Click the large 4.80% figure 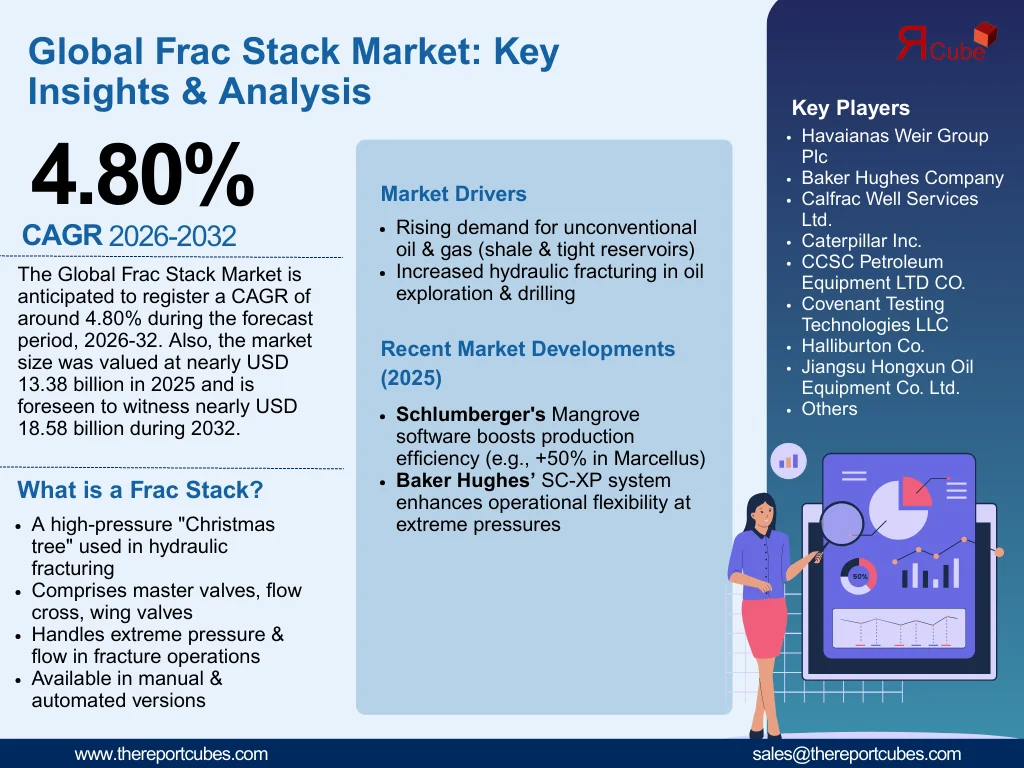pos(142,176)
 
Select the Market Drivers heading pos(453,194)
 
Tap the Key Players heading pos(850,108)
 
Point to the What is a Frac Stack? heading pos(140,490)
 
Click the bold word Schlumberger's pos(470,415)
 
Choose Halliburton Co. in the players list pos(862,346)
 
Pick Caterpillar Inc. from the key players pos(861,241)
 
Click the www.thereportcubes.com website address pos(171,754)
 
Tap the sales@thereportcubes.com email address pos(856,754)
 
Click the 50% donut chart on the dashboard pos(859,576)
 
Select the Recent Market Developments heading pos(527,350)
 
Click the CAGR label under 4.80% pos(62,236)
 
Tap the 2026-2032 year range pos(172,237)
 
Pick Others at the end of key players pos(829,409)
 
